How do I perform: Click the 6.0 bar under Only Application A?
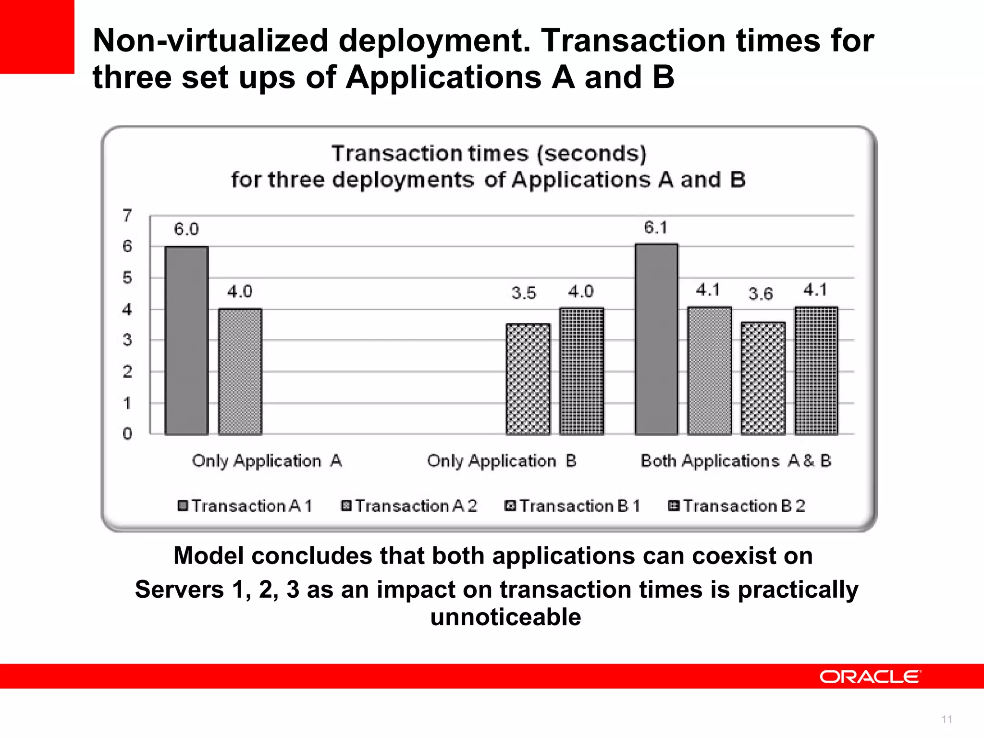click(186, 341)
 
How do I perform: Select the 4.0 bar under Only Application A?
click(240, 371)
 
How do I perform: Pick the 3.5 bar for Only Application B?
click(528, 379)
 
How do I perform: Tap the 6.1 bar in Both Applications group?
click(656, 339)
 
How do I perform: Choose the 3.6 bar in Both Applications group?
click(763, 378)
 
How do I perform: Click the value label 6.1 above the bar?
click(656, 227)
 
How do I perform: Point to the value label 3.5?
click(524, 293)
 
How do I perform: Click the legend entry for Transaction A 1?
click(245, 506)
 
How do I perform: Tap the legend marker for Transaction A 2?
click(346, 506)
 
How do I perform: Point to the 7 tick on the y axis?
click(127, 215)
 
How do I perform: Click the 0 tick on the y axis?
click(127, 434)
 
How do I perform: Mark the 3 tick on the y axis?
click(127, 340)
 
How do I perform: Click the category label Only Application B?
click(501, 461)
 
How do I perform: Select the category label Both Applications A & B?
click(736, 461)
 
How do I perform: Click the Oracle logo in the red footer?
click(870, 676)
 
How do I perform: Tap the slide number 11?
click(947, 719)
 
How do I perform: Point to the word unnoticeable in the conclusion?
click(505, 617)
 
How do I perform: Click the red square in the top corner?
click(37, 37)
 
